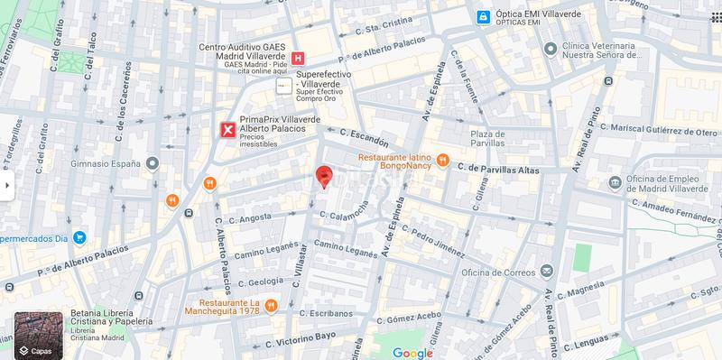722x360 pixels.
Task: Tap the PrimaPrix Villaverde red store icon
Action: coord(229,130)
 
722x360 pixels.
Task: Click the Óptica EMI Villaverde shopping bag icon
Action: coord(485,17)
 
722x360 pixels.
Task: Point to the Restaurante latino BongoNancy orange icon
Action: coord(442,162)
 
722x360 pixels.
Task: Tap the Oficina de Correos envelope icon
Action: coord(546,270)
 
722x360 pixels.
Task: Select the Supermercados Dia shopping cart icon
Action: coord(79,238)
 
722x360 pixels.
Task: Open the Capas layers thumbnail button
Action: coord(39,335)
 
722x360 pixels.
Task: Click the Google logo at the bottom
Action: coord(412,353)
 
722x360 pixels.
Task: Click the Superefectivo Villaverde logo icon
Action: coord(284,86)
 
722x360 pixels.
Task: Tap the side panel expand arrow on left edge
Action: coord(6,186)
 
